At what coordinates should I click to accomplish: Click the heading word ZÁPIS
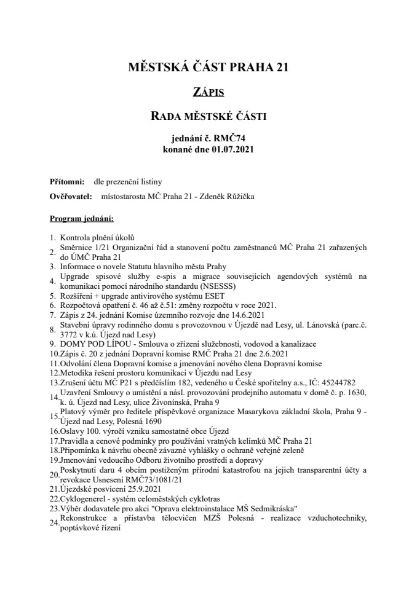pos(208,93)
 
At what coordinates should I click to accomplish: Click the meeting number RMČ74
pos(232,139)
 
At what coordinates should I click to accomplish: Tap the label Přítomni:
pos(67,182)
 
